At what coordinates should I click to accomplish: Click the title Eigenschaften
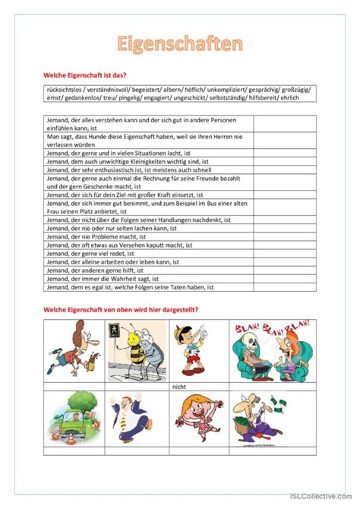click(179, 43)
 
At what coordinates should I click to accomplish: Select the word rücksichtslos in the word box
click(63, 90)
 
